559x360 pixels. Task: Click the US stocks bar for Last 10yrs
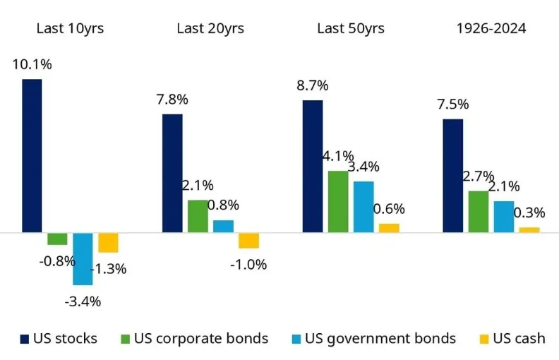click(32, 155)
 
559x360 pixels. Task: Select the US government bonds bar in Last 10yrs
click(83, 258)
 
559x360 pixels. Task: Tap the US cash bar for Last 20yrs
click(248, 240)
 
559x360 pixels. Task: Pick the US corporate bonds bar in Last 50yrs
click(338, 201)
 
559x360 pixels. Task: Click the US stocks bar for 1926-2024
click(452, 175)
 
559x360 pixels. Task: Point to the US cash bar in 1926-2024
click(529, 229)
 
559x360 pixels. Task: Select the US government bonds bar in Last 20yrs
click(223, 226)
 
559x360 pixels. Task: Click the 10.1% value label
click(31, 65)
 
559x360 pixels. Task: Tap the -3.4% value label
click(83, 301)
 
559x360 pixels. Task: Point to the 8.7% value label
click(312, 86)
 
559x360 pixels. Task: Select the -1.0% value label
click(248, 265)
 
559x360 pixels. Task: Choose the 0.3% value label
click(529, 212)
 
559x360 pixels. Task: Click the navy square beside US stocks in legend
click(25, 339)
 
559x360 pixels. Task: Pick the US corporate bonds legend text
click(201, 339)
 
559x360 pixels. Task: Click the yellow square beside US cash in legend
click(484, 339)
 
